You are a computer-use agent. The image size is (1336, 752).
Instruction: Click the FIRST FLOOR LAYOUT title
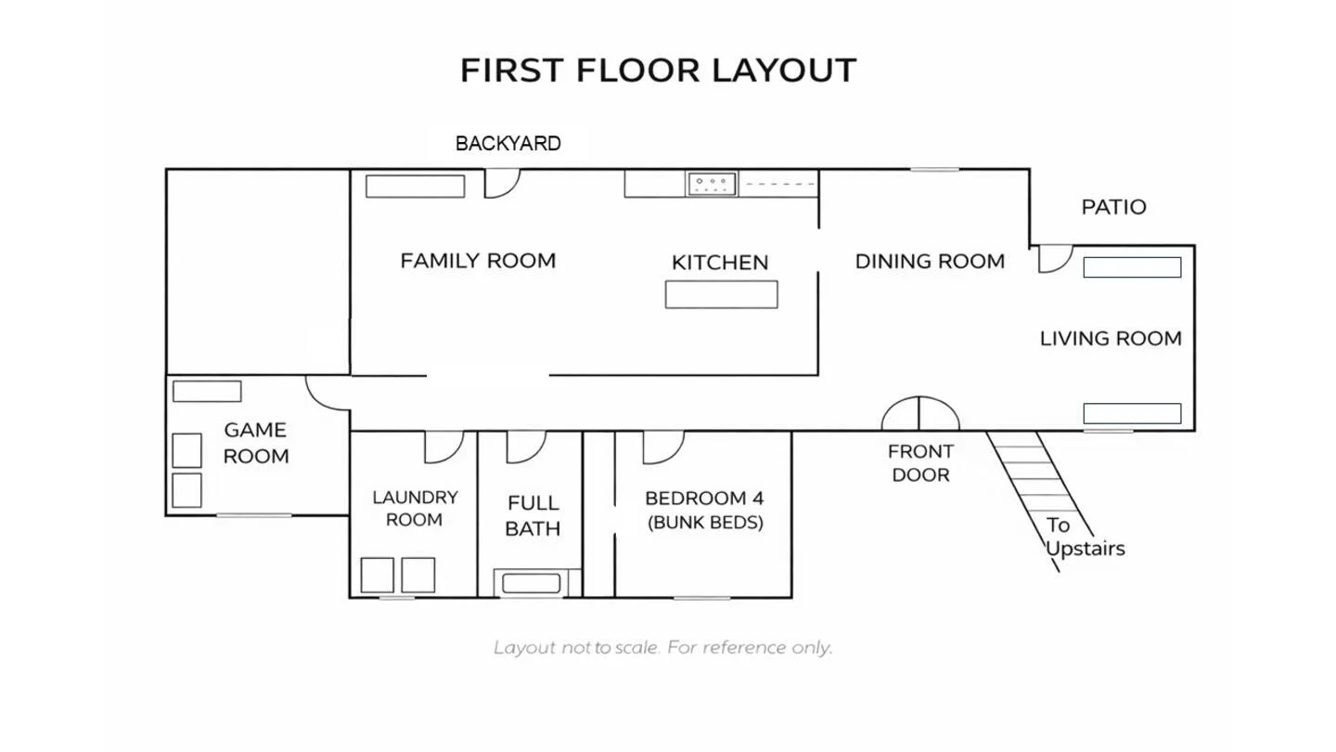click(x=659, y=71)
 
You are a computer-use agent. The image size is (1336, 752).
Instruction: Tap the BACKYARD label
click(x=508, y=143)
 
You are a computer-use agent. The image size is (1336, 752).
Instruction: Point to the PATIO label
click(x=1113, y=207)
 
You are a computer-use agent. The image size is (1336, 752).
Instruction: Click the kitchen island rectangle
click(x=721, y=294)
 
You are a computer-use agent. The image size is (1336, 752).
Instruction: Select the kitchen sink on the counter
click(x=712, y=184)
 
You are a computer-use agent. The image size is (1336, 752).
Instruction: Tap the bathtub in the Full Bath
click(x=531, y=583)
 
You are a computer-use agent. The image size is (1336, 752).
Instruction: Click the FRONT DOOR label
click(x=920, y=463)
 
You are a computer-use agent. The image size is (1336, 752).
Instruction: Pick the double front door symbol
click(x=920, y=413)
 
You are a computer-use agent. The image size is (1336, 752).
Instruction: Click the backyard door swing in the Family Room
click(x=502, y=183)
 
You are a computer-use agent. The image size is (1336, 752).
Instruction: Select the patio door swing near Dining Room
click(x=1055, y=259)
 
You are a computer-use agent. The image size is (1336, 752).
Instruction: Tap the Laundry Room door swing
click(x=443, y=447)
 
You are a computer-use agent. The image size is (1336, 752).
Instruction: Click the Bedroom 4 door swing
click(x=663, y=447)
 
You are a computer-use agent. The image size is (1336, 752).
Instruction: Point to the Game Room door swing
click(x=328, y=393)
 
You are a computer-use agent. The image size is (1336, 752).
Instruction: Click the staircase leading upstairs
click(x=1039, y=501)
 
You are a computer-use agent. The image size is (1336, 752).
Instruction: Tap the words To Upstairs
click(x=1085, y=537)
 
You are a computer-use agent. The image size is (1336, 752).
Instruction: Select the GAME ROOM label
click(x=255, y=443)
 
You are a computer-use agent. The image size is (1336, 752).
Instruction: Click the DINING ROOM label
click(x=930, y=262)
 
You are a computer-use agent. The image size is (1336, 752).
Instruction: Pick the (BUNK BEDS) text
click(x=705, y=523)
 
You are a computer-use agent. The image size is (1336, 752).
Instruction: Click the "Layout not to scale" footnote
click(x=662, y=648)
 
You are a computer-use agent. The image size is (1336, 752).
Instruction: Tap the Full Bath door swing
click(x=526, y=447)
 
